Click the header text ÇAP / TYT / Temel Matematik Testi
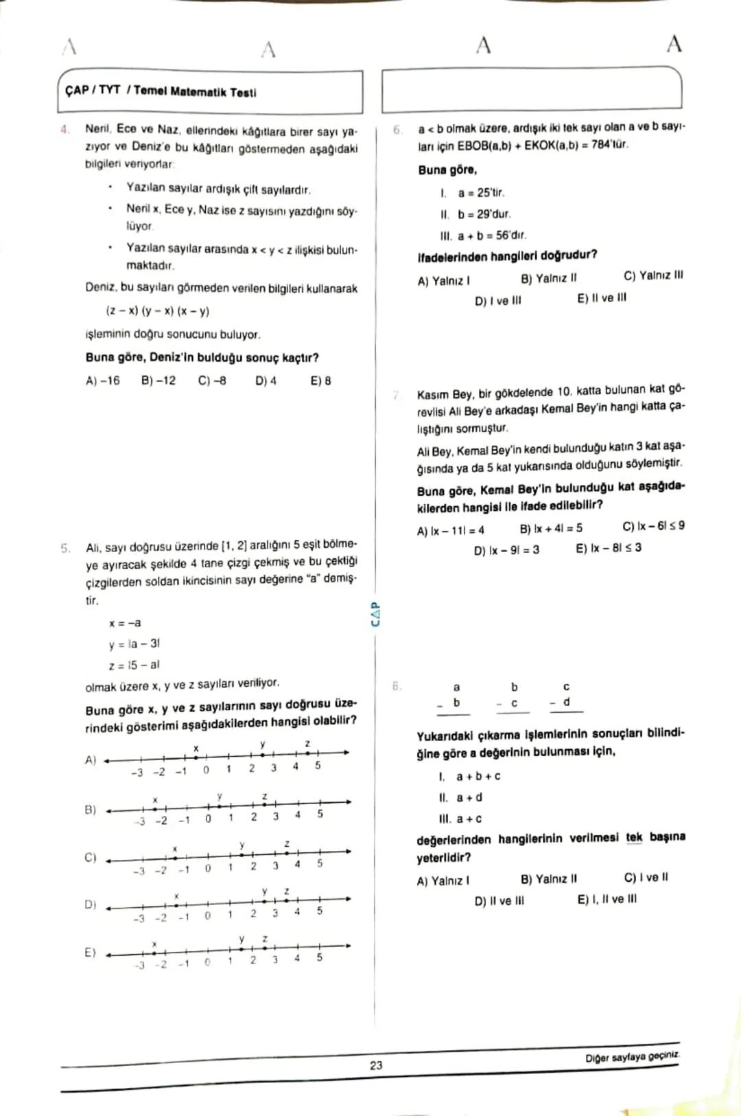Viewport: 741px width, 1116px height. click(x=161, y=91)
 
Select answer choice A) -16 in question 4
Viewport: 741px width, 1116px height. click(x=102, y=380)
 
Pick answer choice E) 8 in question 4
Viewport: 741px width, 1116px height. click(x=320, y=380)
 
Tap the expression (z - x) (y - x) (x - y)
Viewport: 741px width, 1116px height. click(x=157, y=311)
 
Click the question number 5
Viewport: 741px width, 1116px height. click(x=66, y=548)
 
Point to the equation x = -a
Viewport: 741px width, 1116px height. click(x=125, y=623)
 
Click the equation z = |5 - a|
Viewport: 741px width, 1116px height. click(x=134, y=665)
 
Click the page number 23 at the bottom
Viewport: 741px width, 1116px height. click(x=376, y=1065)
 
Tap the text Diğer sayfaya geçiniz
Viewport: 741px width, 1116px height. click(x=631, y=1057)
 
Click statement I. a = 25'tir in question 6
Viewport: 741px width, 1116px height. click(x=473, y=193)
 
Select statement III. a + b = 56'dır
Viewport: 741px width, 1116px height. click(x=483, y=236)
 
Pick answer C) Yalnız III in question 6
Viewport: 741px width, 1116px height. click(x=652, y=275)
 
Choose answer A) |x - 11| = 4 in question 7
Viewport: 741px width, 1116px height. click(x=450, y=530)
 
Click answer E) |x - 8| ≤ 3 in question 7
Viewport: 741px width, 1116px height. click(x=608, y=547)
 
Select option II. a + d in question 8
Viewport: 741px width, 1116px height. click(x=460, y=797)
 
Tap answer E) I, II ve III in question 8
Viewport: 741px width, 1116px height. click(x=607, y=899)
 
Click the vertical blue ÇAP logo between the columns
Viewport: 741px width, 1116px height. click(x=375, y=614)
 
